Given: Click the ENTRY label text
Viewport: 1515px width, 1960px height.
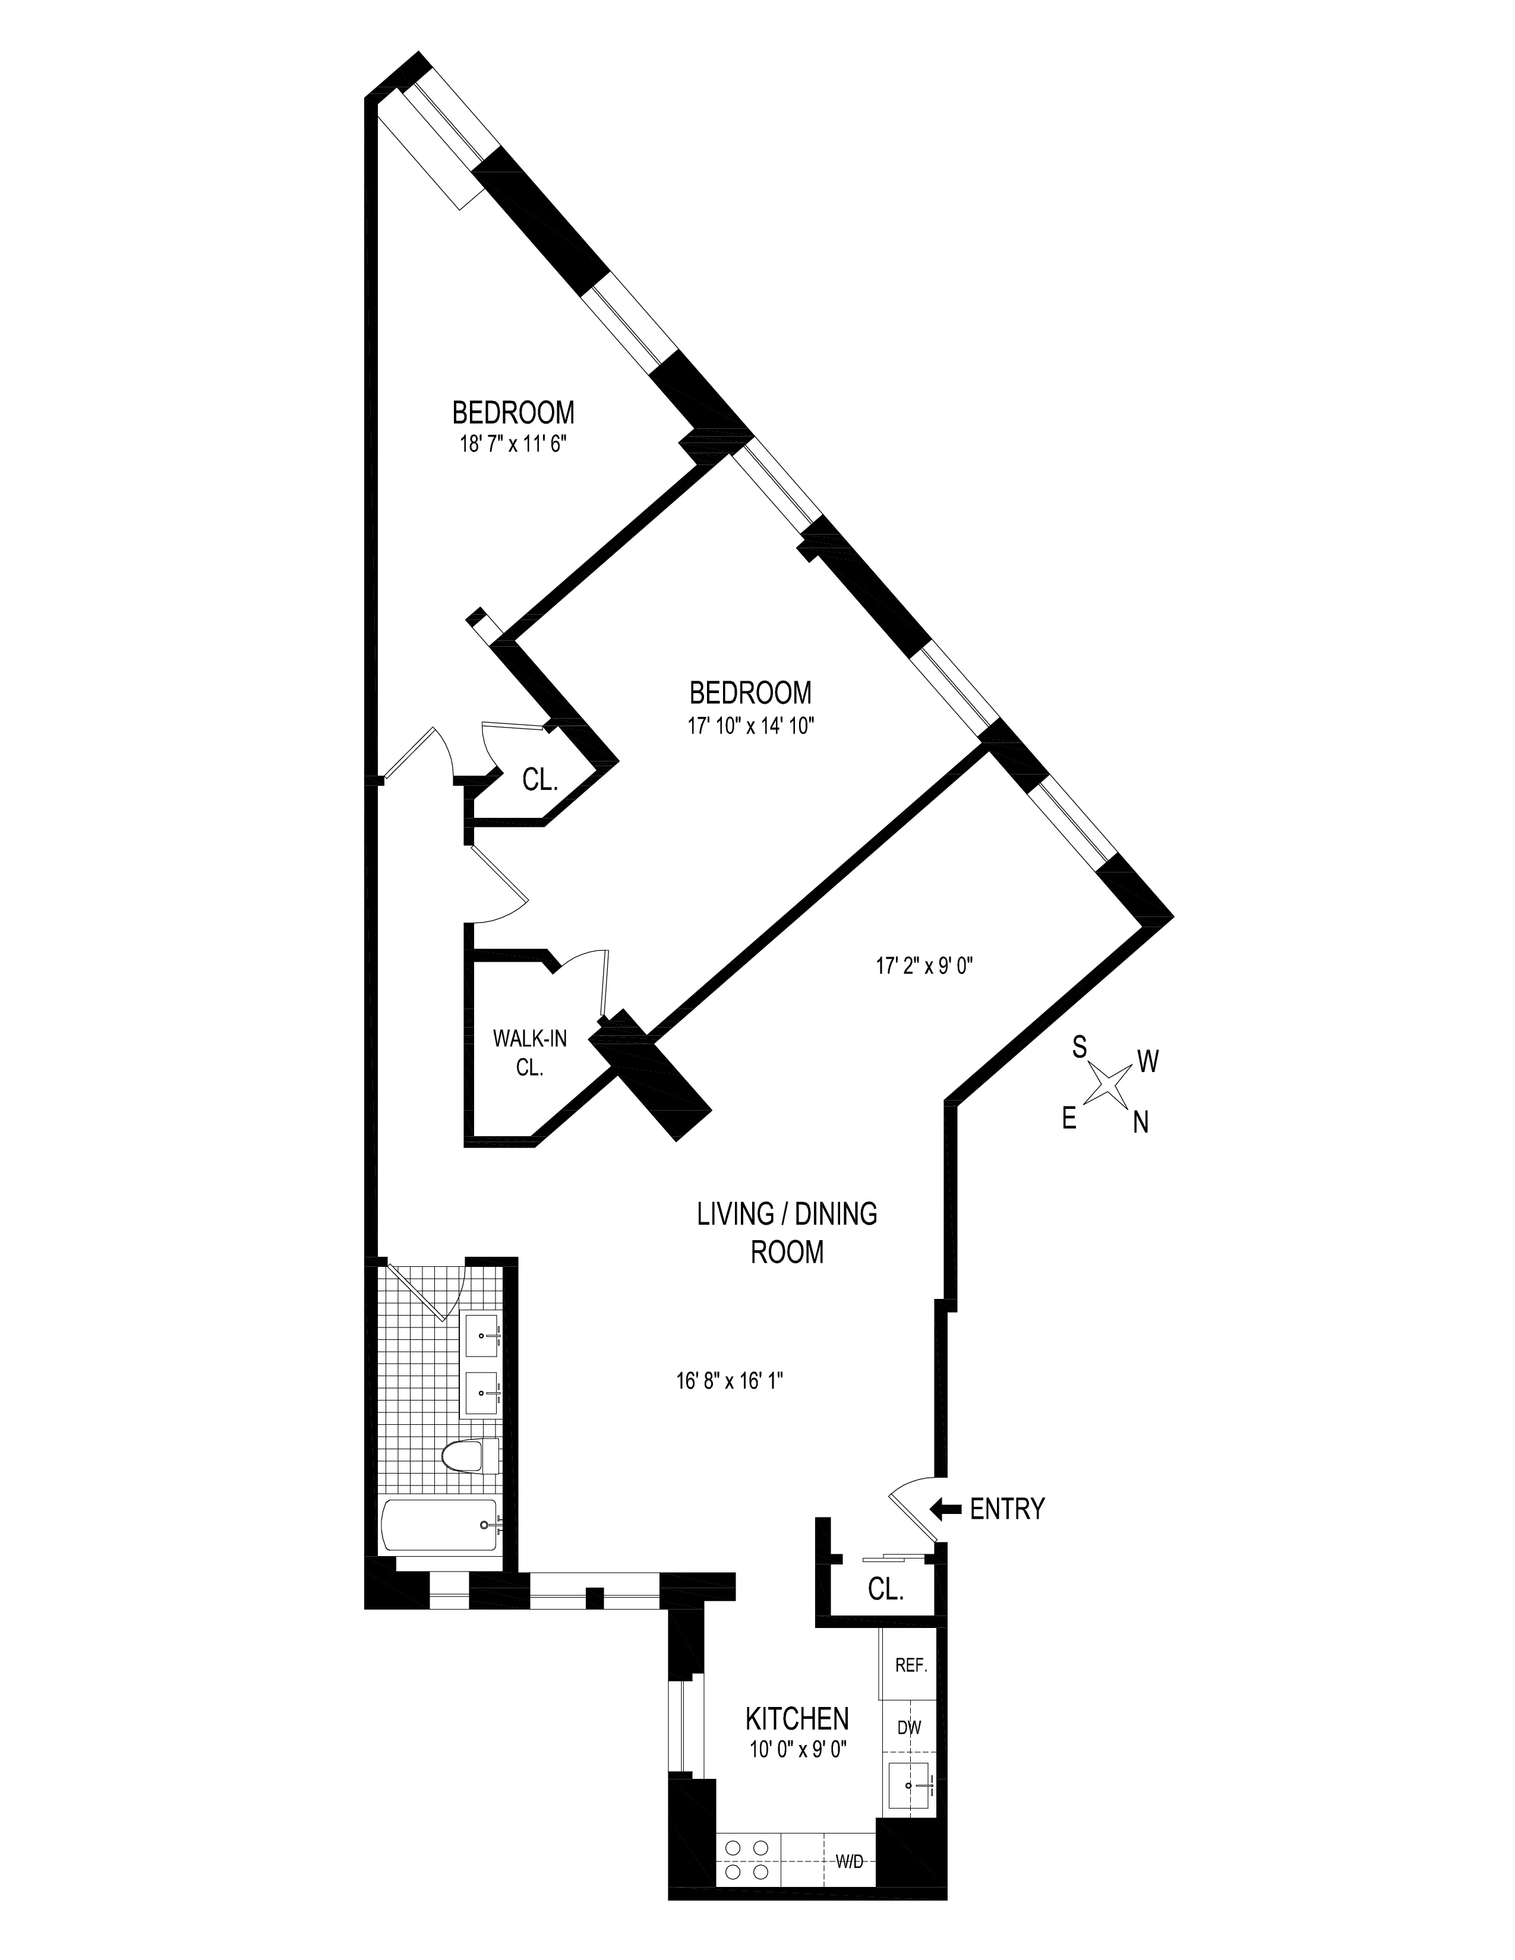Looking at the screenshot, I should [1007, 1509].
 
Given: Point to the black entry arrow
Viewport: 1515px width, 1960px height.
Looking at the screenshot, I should [945, 1509].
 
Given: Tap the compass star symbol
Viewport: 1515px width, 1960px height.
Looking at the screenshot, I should [1109, 1085].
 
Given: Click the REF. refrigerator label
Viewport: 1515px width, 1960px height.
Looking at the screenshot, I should [910, 1665].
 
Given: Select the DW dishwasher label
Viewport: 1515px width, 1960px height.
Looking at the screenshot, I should [909, 1727].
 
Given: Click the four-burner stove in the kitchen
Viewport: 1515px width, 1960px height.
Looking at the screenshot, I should [747, 1852].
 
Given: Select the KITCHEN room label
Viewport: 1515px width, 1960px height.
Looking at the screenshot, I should [797, 1719].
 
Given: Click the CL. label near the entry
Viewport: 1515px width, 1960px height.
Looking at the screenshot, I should [885, 1589].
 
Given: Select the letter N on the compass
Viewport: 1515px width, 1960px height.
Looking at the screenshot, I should [1141, 1122].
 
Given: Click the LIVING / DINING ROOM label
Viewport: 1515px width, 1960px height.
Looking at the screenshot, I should [787, 1232].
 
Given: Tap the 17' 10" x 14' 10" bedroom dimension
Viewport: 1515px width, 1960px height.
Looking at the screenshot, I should [750, 725].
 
